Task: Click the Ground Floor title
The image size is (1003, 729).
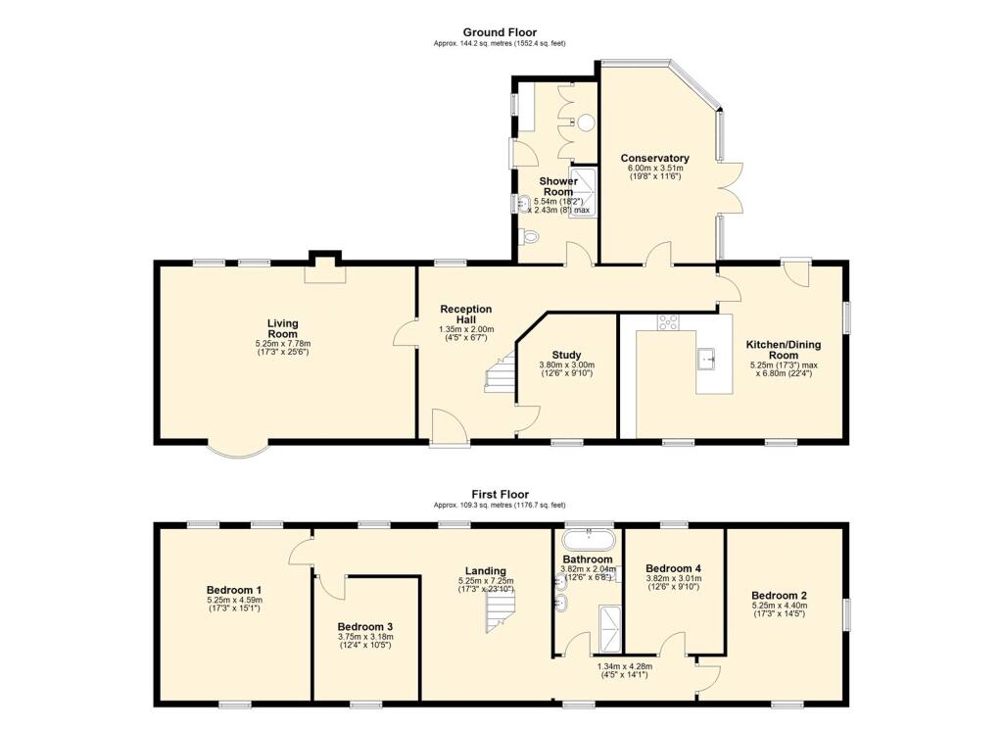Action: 500,32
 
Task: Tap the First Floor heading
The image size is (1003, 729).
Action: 500,495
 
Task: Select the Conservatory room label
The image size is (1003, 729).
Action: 655,158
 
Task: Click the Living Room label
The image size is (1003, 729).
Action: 283,328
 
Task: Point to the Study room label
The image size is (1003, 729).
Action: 566,355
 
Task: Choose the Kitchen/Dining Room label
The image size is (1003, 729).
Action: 784,350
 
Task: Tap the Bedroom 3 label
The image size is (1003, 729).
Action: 365,626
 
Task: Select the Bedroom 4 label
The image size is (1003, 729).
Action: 673,568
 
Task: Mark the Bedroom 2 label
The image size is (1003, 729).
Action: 780,595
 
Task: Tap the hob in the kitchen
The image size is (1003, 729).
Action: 670,320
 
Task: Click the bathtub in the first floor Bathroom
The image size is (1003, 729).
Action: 588,539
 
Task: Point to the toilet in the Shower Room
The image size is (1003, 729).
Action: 530,236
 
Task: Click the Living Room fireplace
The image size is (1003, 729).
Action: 323,268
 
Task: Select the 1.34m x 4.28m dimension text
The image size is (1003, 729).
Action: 625,669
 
